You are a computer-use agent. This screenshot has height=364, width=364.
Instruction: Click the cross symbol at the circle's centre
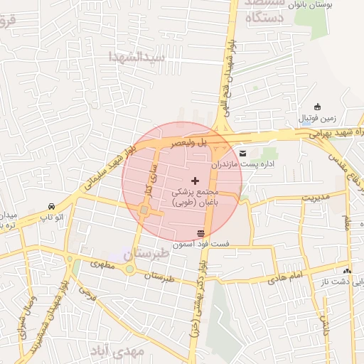tap(196, 181)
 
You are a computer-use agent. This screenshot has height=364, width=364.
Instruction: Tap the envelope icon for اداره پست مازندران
tap(243, 153)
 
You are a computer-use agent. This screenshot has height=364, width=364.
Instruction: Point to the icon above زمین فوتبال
tap(317, 107)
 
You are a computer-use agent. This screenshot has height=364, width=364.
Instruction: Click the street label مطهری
tap(102, 264)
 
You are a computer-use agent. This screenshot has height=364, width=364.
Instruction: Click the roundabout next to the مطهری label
tap(129, 269)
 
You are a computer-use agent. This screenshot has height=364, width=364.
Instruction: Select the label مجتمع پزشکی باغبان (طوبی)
tap(196, 197)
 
